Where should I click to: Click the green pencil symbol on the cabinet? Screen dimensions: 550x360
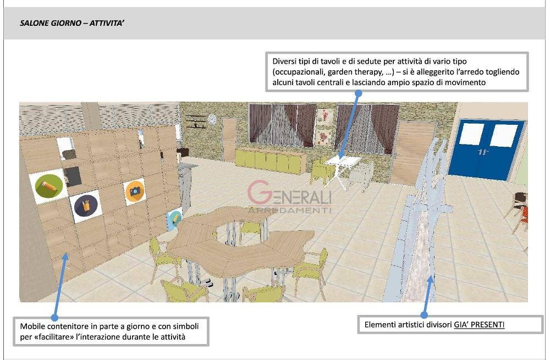coord(49,186)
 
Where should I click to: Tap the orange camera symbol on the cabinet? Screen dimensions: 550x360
coord(135,191)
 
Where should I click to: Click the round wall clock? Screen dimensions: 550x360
coord(212,119)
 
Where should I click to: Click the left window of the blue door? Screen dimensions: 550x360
coord(471,134)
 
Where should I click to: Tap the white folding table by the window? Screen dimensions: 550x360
coord(342,172)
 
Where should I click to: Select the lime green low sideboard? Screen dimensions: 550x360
coord(269,160)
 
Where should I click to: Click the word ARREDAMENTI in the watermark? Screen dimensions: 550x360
coord(289,211)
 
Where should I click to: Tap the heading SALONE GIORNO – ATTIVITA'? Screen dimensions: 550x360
coord(72,24)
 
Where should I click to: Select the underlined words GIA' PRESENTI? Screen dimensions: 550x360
coord(479,325)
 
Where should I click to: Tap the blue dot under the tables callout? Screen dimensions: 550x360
coord(358,93)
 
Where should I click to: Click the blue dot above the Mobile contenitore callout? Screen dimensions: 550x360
coord(54,318)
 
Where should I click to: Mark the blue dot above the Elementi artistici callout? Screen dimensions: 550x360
coord(424,315)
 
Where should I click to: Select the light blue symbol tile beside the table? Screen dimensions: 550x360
coord(175,219)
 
